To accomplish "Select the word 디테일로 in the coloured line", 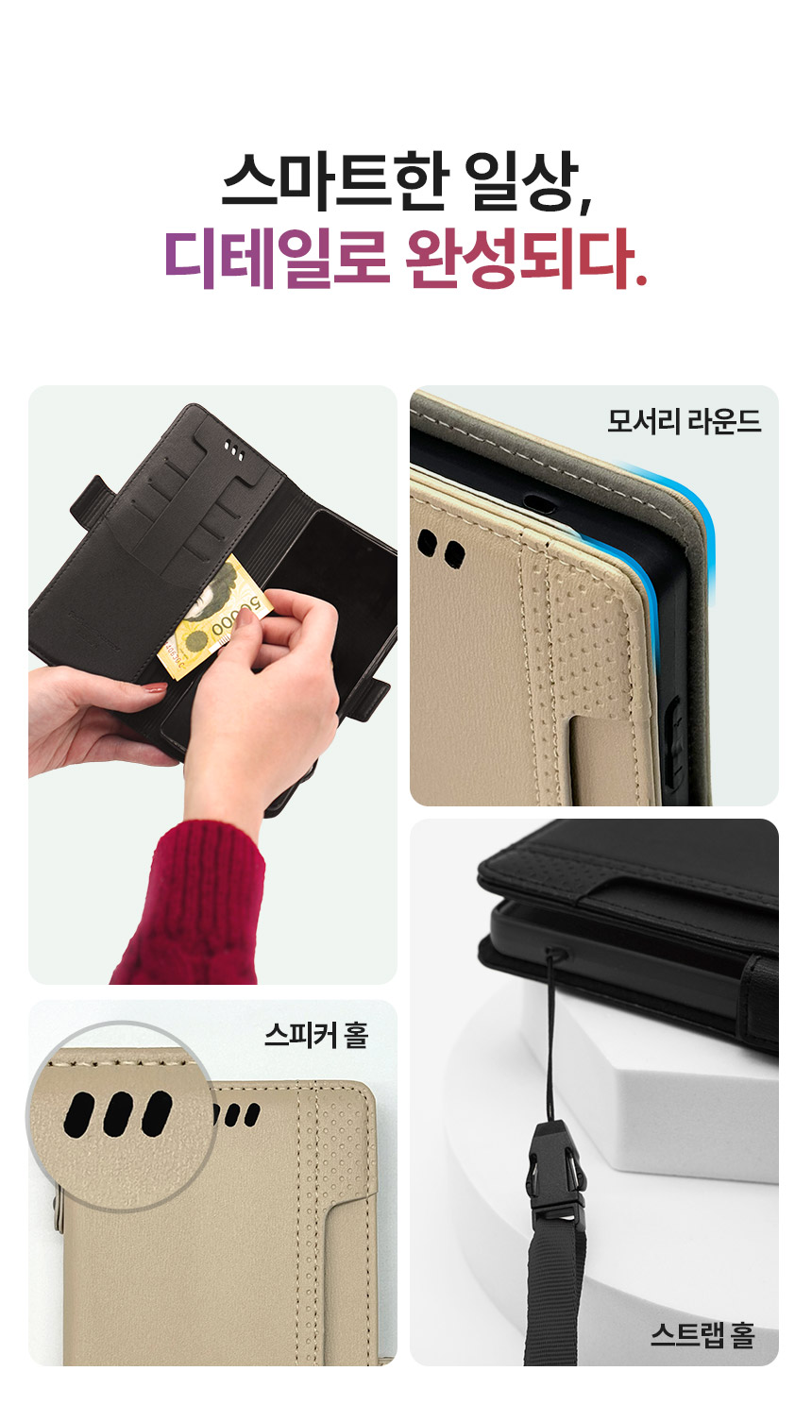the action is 277,259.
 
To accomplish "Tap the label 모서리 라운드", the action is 684,421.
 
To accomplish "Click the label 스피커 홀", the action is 316,1036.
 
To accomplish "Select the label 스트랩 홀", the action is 702,1336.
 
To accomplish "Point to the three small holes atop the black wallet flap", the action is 233,449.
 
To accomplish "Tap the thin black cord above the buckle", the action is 550,1041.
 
